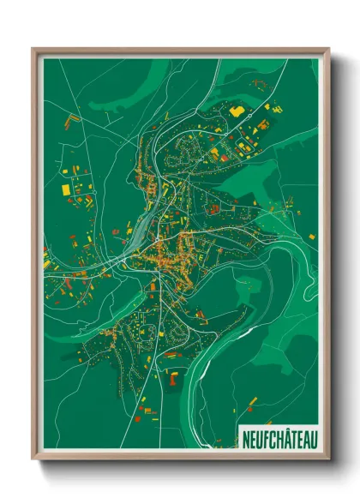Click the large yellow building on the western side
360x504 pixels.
tap(66, 188)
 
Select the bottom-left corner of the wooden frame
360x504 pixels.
tap(33, 459)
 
